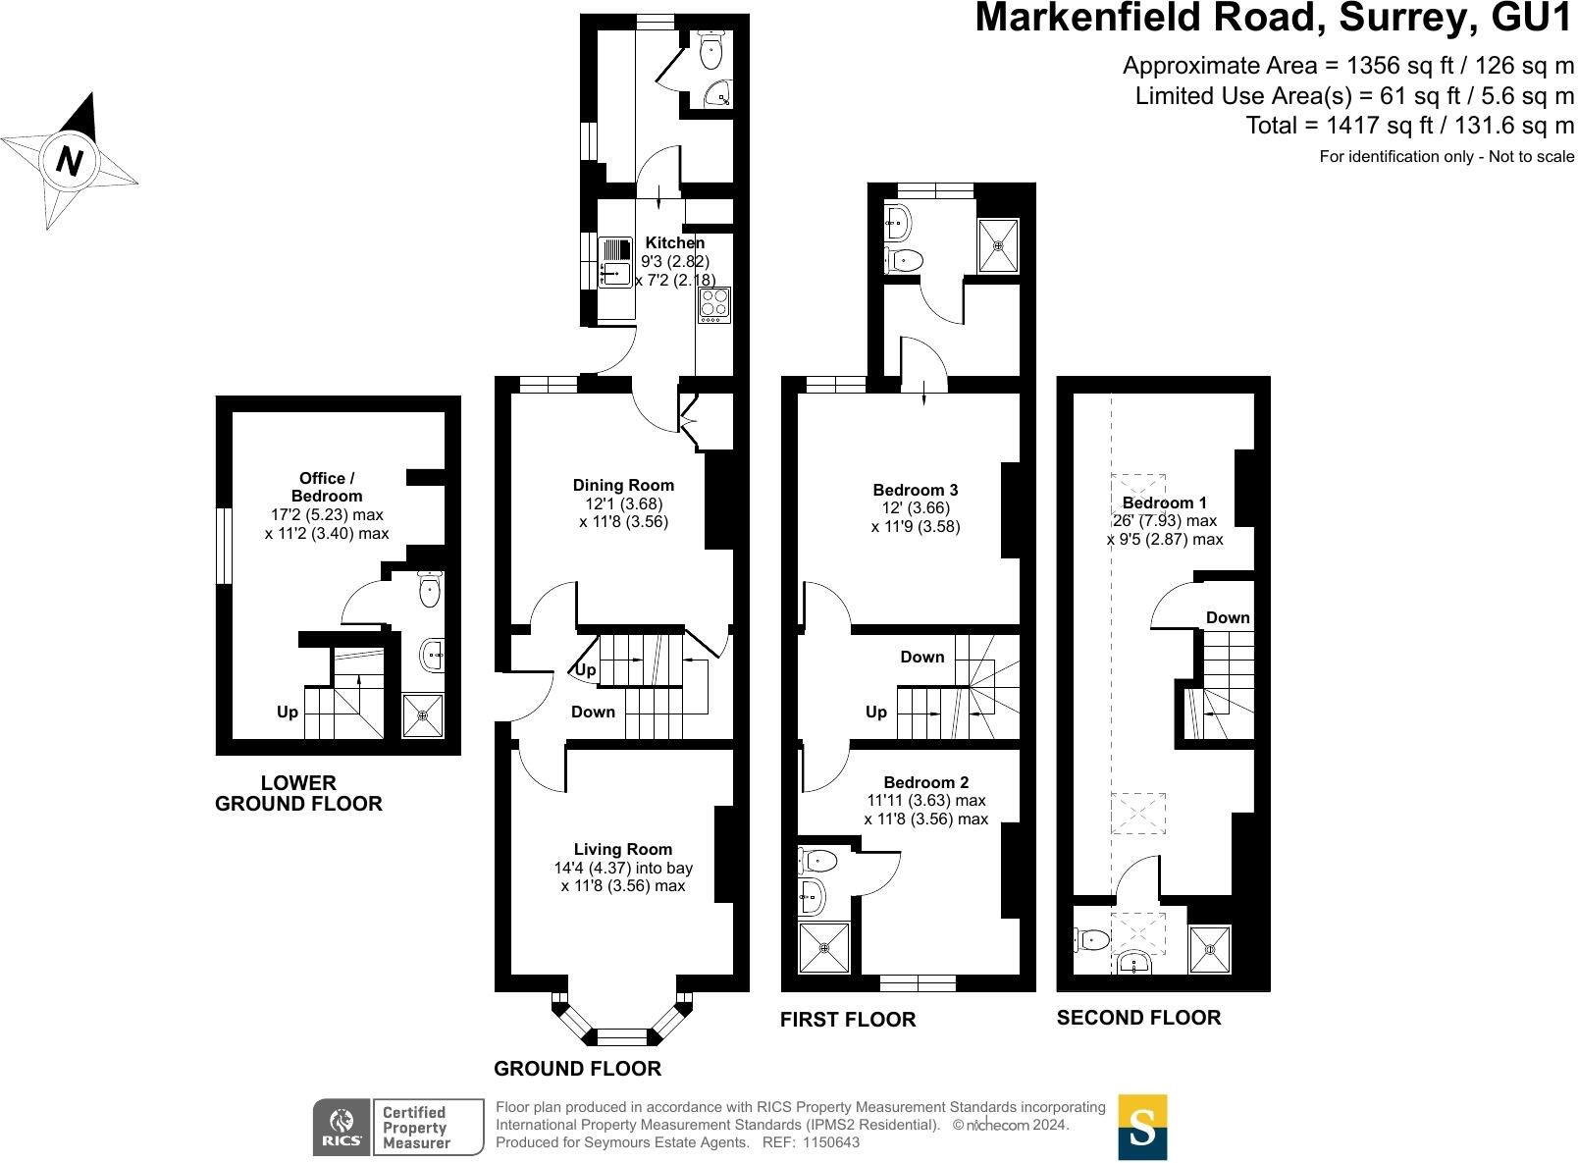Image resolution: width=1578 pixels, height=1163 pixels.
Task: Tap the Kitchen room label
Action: [x=675, y=242]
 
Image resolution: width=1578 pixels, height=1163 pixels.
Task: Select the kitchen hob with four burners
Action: [x=713, y=304]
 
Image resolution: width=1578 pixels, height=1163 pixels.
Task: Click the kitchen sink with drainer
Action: [x=615, y=262]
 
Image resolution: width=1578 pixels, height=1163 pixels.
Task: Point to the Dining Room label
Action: [x=623, y=485]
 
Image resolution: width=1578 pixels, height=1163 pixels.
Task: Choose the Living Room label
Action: [x=623, y=849]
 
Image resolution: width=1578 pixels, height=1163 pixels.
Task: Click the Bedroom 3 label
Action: [x=915, y=490]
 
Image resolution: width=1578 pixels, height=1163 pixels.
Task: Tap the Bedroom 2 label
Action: [x=925, y=782]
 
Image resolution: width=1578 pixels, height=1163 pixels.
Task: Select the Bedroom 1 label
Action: [x=1164, y=502]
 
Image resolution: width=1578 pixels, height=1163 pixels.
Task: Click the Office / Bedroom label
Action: [x=327, y=487]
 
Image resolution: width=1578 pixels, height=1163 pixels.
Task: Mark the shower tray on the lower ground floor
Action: [x=423, y=715]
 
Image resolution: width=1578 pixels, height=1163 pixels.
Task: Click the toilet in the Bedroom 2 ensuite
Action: [x=817, y=860]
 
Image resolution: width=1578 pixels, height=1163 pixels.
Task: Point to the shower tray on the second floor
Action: [x=1210, y=949]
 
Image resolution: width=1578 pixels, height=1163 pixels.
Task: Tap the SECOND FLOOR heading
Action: [x=1138, y=1017]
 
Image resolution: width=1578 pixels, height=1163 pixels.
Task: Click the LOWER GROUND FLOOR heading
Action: [x=298, y=793]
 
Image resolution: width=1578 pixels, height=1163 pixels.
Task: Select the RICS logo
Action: [x=342, y=1127]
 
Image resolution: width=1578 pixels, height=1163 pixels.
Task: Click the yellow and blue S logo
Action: [x=1142, y=1127]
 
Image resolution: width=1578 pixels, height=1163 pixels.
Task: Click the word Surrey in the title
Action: [x=1408, y=19]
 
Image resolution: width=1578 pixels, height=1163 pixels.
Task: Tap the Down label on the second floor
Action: [x=1228, y=617]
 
